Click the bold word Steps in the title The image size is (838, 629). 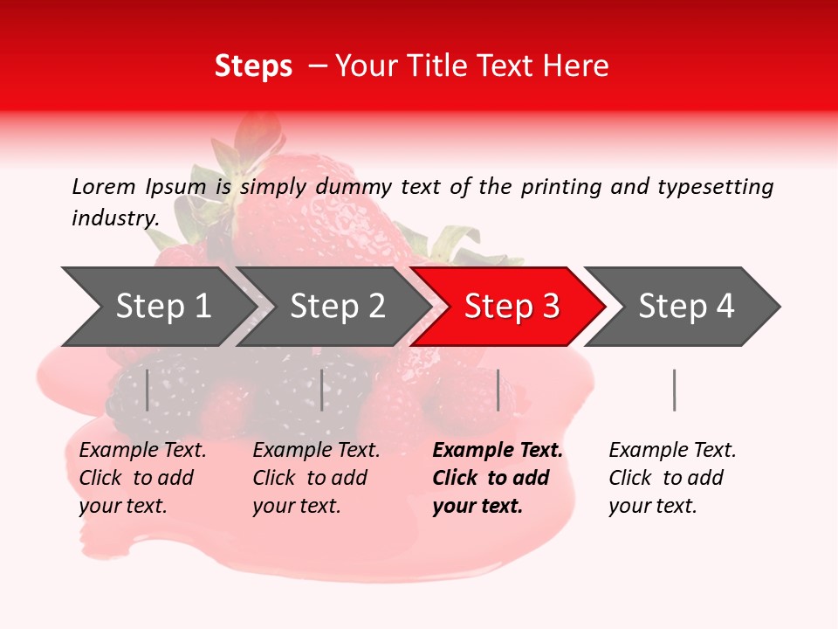tap(253, 66)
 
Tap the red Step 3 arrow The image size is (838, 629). tap(512, 307)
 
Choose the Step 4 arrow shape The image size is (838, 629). tap(686, 307)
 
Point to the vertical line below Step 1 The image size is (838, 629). tap(148, 390)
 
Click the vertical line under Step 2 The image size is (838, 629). tap(322, 390)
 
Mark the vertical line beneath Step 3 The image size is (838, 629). tap(498, 390)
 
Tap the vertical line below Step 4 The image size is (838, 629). tap(674, 390)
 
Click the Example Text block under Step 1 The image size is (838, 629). tap(142, 478)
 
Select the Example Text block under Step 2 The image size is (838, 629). tap(316, 478)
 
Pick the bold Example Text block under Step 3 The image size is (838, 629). tap(498, 478)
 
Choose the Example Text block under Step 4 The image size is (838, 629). tap(672, 478)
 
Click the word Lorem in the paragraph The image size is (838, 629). tap(104, 186)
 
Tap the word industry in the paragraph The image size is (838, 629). tap(114, 218)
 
